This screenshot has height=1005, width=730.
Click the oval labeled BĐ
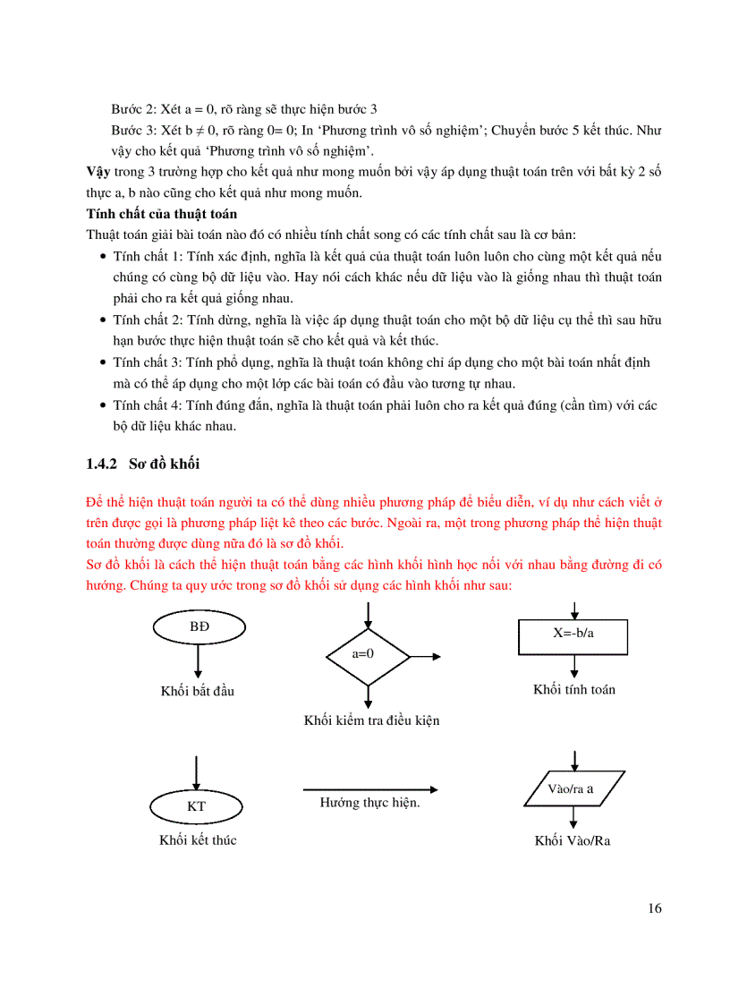[198, 626]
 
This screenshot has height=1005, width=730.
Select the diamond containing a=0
[367, 653]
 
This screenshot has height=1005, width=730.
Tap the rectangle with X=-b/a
[573, 637]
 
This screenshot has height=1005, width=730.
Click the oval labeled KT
[197, 806]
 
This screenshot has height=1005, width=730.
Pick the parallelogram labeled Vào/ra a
[573, 788]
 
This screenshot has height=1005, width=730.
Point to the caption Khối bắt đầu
[198, 691]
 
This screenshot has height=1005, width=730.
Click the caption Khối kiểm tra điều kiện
[371, 720]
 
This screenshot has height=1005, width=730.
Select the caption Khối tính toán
[574, 689]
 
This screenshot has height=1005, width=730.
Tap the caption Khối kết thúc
[198, 840]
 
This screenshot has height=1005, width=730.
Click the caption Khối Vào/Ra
[573, 841]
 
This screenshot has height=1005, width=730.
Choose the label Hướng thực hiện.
[370, 803]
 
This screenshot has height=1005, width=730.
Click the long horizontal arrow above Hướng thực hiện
[370, 789]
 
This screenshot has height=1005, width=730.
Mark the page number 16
[654, 908]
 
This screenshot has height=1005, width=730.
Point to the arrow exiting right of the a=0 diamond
[428, 656]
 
